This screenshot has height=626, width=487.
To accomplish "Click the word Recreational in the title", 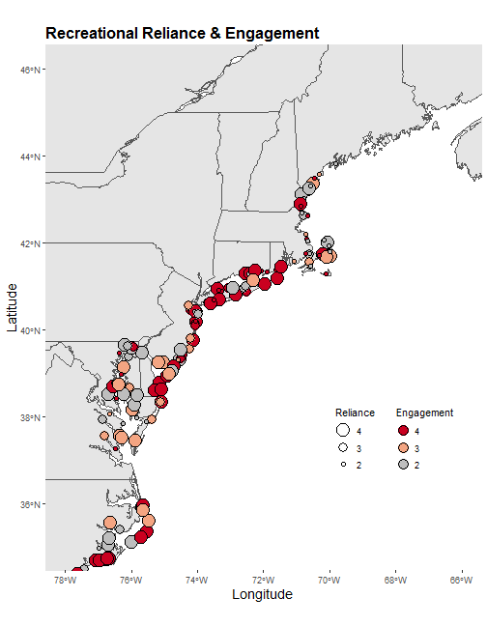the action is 92,33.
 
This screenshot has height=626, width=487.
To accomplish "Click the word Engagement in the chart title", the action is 272,34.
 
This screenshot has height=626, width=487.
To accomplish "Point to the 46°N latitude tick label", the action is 30,70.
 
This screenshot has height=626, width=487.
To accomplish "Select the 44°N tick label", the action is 30,156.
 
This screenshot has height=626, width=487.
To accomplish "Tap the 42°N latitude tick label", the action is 30,243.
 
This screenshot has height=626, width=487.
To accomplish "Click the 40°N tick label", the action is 30,330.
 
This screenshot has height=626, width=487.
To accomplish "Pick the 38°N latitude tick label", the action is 30,417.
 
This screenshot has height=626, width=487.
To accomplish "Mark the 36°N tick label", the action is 30,504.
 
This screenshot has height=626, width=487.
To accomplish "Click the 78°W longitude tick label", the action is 65,580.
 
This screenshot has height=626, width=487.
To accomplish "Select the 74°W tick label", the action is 197,580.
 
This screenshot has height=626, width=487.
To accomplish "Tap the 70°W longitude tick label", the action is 329,580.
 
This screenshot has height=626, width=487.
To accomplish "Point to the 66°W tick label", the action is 462,580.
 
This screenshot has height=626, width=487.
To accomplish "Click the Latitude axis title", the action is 13,307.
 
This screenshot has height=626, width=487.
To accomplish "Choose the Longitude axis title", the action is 262,594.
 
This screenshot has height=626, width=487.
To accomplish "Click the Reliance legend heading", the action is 355,413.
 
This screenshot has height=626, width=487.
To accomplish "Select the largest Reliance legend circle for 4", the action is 343,430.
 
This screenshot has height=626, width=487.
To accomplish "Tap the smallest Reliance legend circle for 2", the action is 343,465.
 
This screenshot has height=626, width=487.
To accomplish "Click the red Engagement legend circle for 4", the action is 404,431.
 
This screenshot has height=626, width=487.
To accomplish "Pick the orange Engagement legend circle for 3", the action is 404,447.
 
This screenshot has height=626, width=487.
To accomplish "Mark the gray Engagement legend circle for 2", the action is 404,465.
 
